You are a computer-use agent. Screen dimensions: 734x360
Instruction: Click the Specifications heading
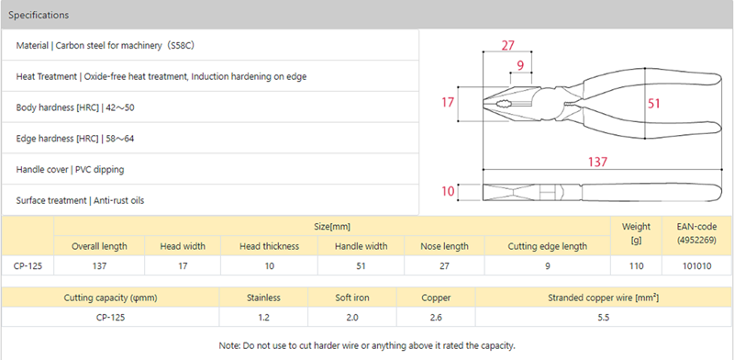39,15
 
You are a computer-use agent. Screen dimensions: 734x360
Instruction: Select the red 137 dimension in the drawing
598,162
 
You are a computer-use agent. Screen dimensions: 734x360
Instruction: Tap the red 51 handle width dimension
653,103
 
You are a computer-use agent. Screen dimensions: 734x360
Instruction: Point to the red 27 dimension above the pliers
508,46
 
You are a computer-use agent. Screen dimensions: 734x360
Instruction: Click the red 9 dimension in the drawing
520,66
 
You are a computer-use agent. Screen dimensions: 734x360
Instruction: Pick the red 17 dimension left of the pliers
448,102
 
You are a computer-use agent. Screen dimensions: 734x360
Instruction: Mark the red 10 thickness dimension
448,191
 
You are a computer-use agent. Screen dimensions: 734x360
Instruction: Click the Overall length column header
99,246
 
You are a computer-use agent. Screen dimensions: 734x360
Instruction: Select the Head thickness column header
269,246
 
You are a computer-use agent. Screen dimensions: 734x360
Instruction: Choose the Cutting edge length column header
547,246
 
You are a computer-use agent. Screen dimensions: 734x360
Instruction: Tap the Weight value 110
636,266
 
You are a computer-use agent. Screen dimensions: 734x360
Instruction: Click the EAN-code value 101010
697,266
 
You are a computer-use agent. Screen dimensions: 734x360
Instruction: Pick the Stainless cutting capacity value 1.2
263,318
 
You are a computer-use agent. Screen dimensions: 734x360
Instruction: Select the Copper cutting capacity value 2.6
436,318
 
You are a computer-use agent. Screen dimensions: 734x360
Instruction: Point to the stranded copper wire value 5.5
604,318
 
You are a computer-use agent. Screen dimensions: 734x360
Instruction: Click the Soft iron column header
352,298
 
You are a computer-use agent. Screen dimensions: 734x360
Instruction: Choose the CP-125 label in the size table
28,266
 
